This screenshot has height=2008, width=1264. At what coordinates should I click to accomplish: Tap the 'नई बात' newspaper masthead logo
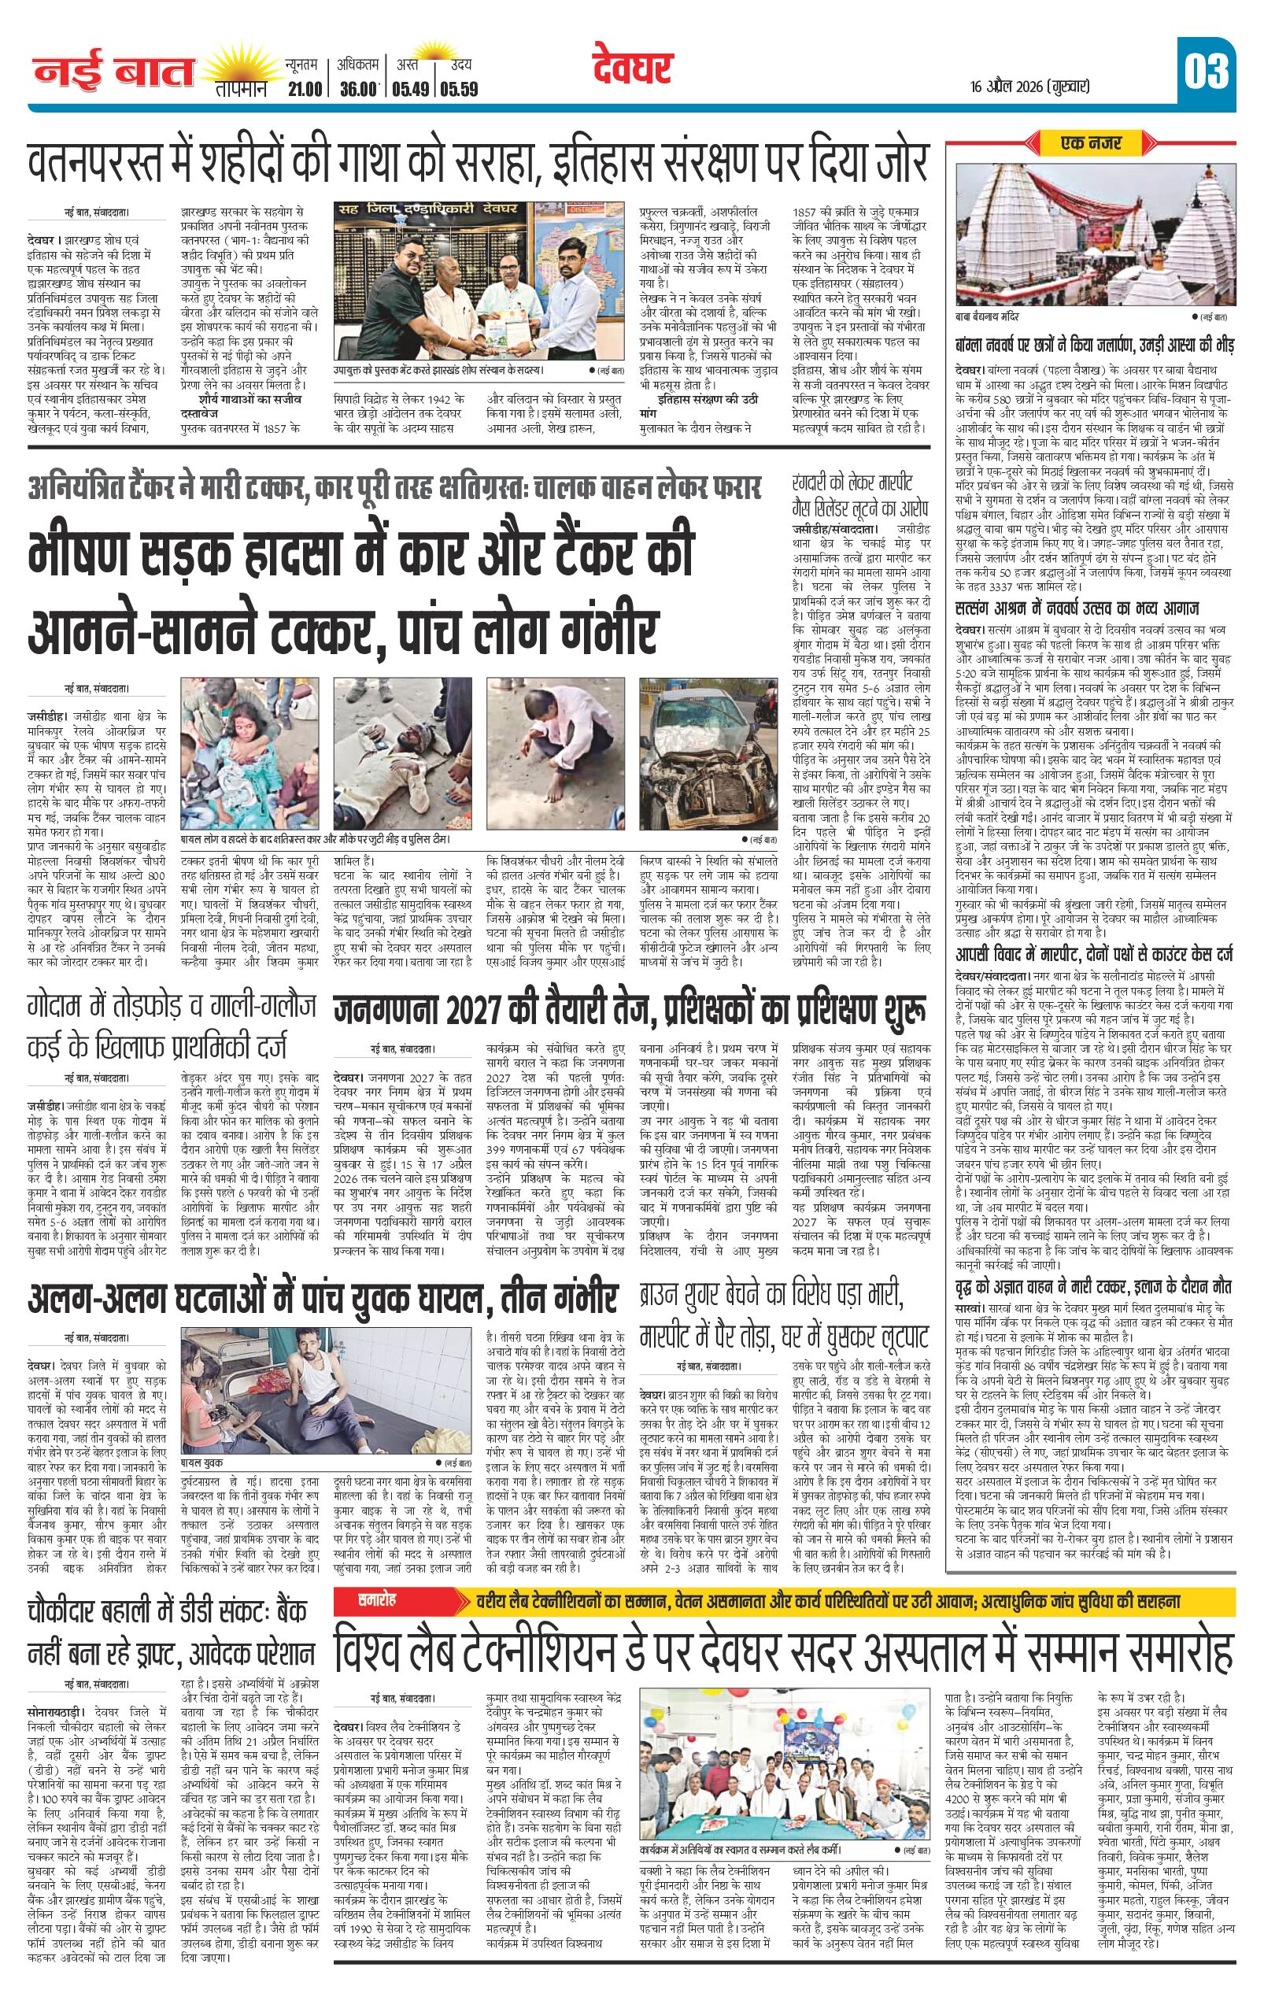point(113,75)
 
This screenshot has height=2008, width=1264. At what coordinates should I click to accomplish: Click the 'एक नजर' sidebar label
point(1091,142)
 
